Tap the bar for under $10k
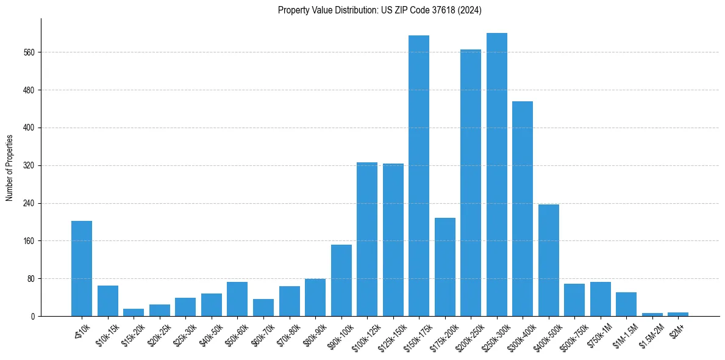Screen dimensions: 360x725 (82, 268)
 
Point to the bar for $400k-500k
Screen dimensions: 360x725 (548, 260)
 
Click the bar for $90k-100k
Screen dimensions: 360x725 (341, 280)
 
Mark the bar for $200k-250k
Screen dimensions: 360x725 (471, 182)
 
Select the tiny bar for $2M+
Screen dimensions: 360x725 (678, 314)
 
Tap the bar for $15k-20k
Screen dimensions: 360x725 (134, 312)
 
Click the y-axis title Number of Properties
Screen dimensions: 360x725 (10, 168)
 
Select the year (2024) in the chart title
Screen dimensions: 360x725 (469, 10)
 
